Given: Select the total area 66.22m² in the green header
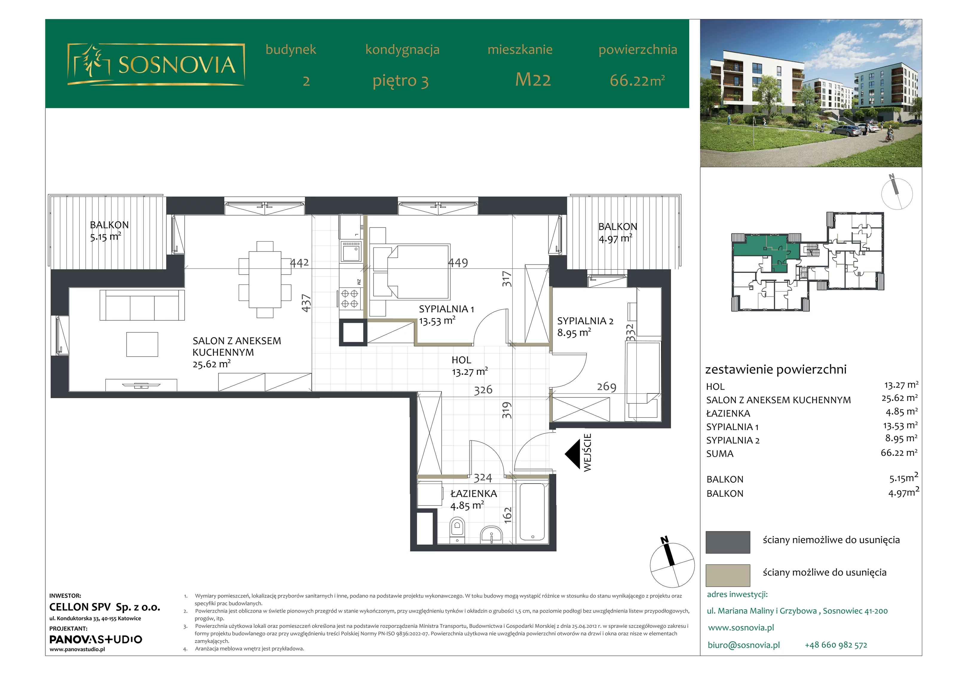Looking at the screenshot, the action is (637, 80).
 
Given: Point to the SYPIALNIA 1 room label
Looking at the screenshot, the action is (446, 315).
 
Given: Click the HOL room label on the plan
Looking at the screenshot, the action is (470, 366).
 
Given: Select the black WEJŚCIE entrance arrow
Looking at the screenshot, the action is (572, 454).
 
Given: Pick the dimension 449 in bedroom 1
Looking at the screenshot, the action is (458, 263).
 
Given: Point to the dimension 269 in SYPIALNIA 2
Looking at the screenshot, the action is (606, 387).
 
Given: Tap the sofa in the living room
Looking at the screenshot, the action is (142, 305).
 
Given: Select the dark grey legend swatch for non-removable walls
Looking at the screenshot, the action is (727, 542).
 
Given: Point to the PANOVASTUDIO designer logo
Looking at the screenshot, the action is (96, 639).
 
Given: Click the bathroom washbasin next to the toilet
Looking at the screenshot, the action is (492, 534).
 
